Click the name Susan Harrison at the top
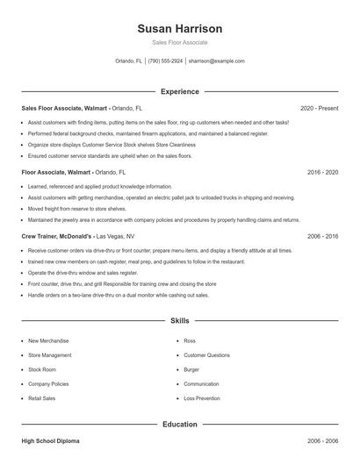pos(180,29)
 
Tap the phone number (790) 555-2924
pos(165,61)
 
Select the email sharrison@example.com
pos(216,61)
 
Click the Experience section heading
pos(180,91)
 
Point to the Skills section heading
pos(180,321)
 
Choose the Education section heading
pos(180,424)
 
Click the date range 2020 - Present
pos(319,109)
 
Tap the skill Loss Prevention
pos(202,397)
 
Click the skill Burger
pos(191,369)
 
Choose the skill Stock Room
pos(43,369)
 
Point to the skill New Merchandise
pos(51,340)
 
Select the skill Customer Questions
pos(207,354)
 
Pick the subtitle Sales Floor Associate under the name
pos(180,42)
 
